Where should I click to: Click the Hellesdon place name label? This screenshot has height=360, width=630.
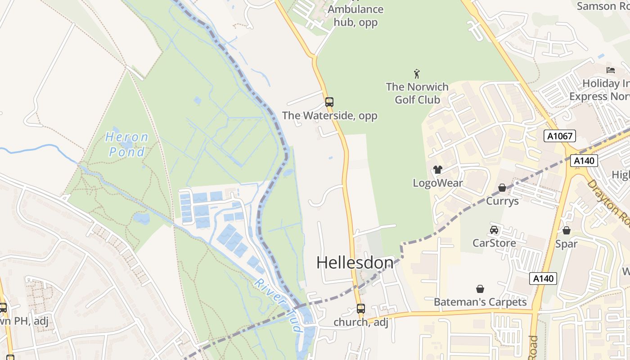click(x=355, y=263)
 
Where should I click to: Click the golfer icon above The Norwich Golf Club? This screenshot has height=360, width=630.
click(x=417, y=74)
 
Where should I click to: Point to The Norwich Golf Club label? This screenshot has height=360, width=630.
click(x=417, y=93)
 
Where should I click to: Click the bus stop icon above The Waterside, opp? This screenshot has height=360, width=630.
click(x=329, y=102)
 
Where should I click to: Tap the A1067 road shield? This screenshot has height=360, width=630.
click(x=559, y=135)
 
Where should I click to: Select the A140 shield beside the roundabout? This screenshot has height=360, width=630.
click(x=584, y=161)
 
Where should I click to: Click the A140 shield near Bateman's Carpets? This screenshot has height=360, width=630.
click(x=543, y=279)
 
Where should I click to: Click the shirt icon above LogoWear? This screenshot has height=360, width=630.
click(x=437, y=170)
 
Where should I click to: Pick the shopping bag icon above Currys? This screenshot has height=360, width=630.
click(x=502, y=188)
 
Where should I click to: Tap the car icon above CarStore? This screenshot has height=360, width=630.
click(x=494, y=230)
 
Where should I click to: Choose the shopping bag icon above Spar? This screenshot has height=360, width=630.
click(x=567, y=230)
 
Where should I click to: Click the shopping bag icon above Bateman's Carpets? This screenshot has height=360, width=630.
click(x=480, y=288)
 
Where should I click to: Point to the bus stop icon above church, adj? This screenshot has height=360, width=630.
click(x=361, y=309)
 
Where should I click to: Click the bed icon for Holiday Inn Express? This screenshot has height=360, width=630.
click(x=611, y=70)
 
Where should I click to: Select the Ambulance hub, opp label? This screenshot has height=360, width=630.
click(x=355, y=16)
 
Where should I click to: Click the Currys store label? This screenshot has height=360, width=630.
click(x=502, y=201)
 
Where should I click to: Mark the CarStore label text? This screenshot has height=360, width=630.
click(x=494, y=243)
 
